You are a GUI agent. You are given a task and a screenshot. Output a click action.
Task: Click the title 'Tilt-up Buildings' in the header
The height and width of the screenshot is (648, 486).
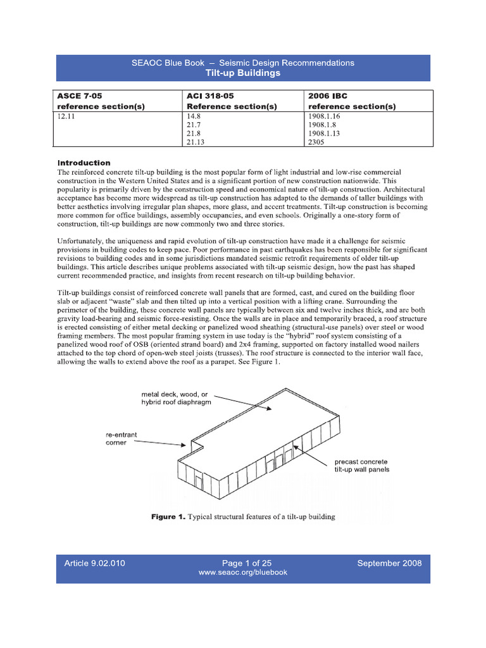coord(243,73)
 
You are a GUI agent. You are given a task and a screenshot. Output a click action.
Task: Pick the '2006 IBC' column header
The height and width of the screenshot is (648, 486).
coord(330,96)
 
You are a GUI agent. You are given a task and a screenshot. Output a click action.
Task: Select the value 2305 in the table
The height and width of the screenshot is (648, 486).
coord(318,144)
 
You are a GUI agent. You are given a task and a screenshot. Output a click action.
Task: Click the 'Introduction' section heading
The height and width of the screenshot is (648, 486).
coord(84,163)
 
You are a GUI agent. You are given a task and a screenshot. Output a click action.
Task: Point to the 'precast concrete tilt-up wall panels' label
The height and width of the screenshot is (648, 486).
coord(361,465)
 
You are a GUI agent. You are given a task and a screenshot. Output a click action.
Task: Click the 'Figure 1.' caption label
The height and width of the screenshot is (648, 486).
coord(168,516)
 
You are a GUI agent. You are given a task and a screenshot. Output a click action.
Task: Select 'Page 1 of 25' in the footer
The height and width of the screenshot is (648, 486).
coord(243,563)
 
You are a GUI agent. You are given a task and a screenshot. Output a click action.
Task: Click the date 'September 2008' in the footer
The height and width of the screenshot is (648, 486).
coord(389,563)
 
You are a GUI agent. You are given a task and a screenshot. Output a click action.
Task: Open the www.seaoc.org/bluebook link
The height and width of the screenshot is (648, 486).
coord(243,573)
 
